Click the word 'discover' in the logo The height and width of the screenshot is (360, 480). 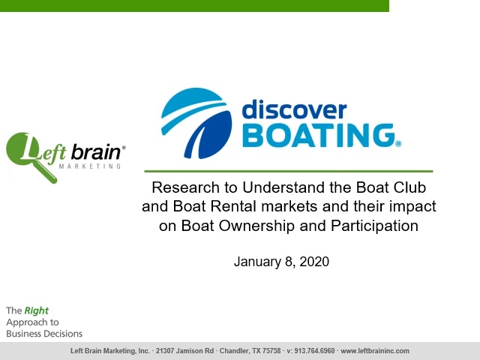[294, 109]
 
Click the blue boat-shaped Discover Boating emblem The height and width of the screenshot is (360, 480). [196, 123]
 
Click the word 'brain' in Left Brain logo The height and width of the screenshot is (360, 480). [96, 152]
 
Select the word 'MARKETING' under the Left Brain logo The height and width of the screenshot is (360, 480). [90, 166]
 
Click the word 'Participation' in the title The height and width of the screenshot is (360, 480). [374, 226]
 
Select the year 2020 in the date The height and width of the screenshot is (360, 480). [314, 262]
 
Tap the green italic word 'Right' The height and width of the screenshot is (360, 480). [37, 310]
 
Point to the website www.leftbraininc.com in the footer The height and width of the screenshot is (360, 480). [375, 351]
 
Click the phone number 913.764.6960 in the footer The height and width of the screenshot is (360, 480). [314, 351]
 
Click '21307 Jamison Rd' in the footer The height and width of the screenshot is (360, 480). [184, 351]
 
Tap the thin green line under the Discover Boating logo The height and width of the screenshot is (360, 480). [289, 171]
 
